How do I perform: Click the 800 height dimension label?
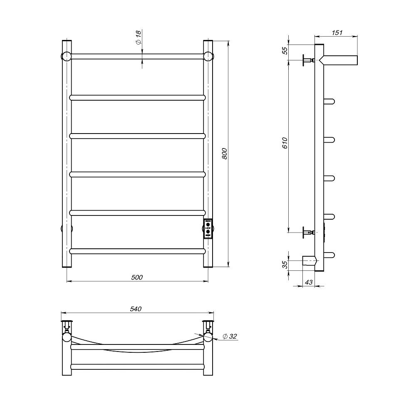[225, 154]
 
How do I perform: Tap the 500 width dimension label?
[137, 277]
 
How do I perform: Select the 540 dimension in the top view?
[136, 309]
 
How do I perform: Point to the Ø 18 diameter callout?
[139, 37]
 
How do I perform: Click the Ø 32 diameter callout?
[230, 337]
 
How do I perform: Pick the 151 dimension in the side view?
[337, 32]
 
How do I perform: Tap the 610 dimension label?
[285, 143]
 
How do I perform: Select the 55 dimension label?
[285, 50]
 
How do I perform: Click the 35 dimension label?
[285, 265]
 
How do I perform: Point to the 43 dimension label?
[309, 282]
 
